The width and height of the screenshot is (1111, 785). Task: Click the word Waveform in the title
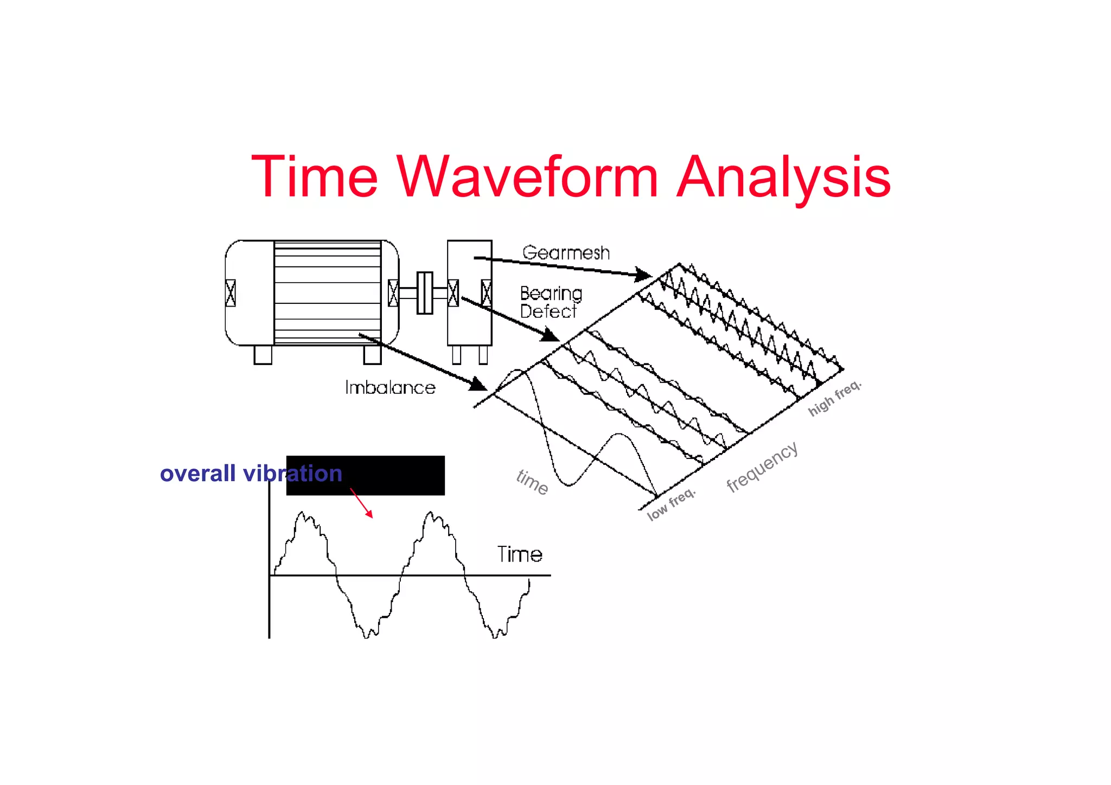(527, 176)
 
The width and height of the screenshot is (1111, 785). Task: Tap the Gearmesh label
(566, 253)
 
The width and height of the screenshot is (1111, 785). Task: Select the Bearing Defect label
(550, 302)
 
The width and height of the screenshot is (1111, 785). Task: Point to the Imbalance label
(390, 387)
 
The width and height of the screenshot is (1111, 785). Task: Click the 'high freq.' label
(834, 398)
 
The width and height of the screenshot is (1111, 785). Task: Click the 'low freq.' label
(671, 504)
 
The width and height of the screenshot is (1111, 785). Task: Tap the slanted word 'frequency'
(762, 467)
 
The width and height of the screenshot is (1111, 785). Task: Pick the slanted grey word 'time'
(532, 482)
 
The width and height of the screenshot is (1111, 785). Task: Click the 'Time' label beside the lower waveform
(520, 554)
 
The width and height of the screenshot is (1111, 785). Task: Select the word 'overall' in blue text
(197, 474)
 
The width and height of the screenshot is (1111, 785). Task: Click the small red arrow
(362, 503)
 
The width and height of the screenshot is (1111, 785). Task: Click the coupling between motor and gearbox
(425, 293)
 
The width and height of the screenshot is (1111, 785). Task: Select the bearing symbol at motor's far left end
(231, 293)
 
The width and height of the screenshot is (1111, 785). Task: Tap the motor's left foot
(263, 355)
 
